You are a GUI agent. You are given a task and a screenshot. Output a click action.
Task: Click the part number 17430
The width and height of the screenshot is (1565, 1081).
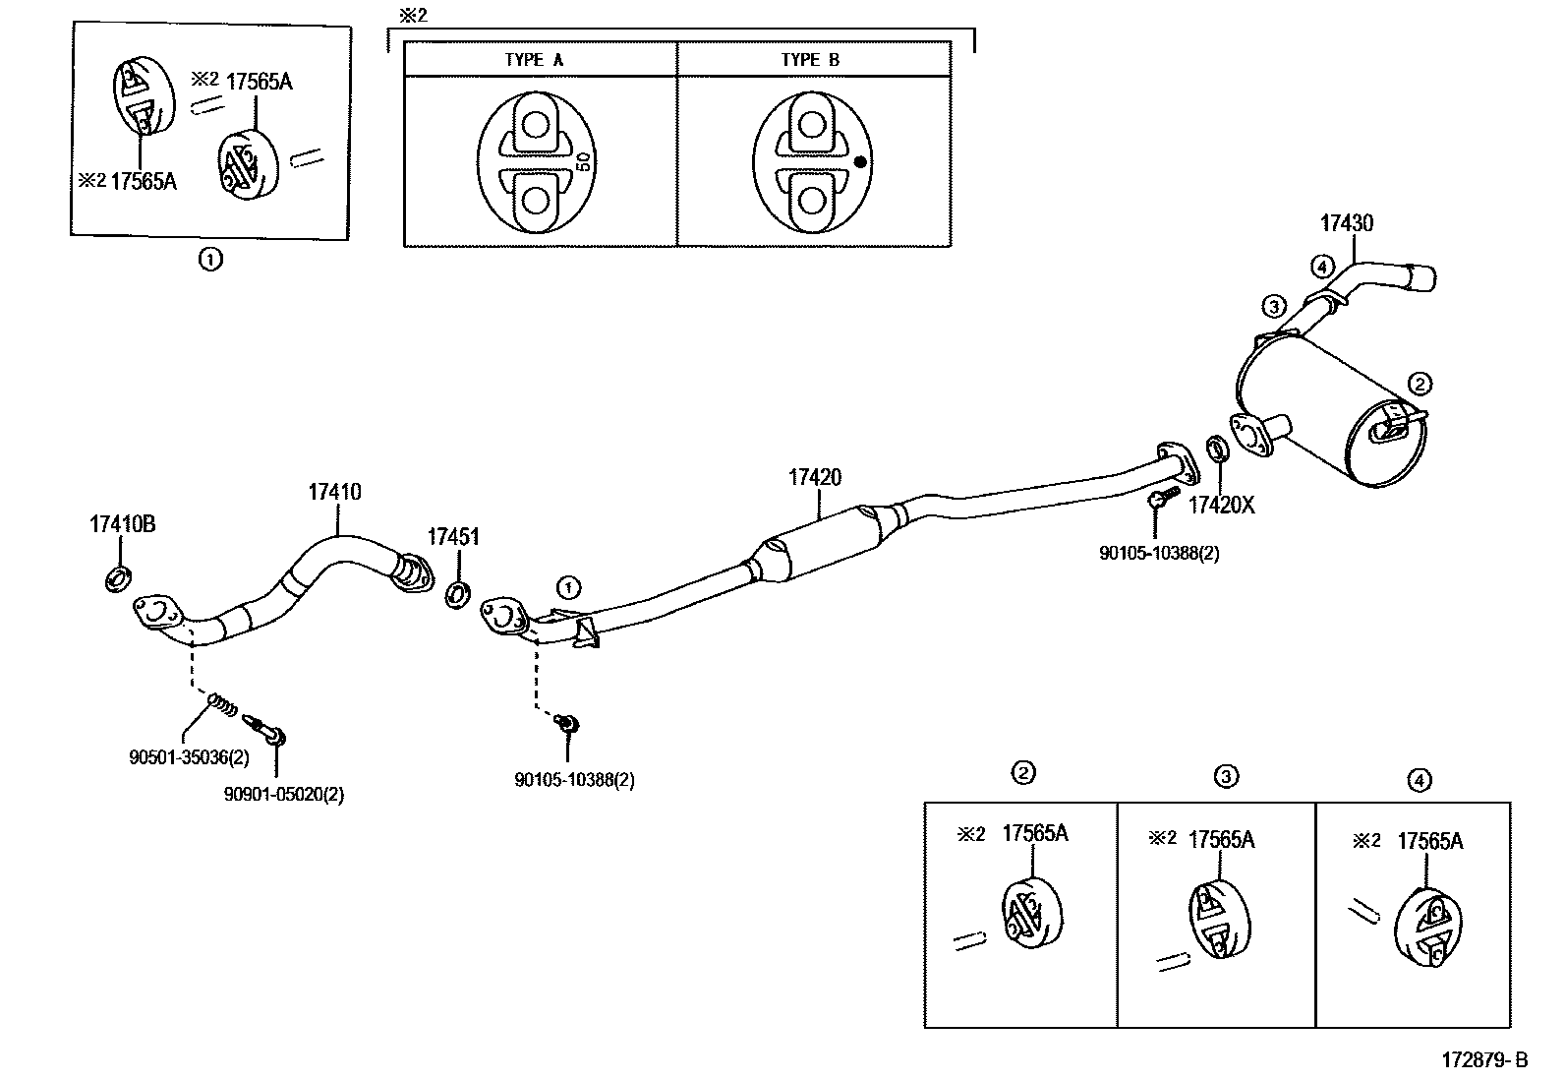coord(1346,223)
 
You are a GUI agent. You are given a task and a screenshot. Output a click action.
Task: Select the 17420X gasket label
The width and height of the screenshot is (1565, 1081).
coord(1221,506)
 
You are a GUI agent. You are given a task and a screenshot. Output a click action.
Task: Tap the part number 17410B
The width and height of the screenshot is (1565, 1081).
coord(123,524)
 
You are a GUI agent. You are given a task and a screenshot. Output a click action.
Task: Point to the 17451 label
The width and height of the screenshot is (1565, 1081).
coord(453,536)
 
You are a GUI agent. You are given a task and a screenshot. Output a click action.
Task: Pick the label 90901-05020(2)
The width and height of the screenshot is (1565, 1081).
coord(283,795)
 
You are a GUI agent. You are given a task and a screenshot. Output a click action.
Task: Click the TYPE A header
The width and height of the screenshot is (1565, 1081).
coord(534,59)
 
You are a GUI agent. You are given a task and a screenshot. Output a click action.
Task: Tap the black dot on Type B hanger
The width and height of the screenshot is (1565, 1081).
coord(860,162)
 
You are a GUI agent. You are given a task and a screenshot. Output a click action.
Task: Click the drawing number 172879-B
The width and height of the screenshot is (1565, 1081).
coord(1484,1060)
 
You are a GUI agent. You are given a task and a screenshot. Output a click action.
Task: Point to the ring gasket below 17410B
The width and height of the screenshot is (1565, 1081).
coord(118,578)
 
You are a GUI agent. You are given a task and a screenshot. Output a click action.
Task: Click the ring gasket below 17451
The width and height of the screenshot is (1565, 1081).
coord(458,594)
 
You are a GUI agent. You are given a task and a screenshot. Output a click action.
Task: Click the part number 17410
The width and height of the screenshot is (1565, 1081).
coord(334,492)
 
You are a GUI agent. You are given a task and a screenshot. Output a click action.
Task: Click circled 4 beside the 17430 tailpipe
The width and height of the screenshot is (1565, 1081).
coord(1322,266)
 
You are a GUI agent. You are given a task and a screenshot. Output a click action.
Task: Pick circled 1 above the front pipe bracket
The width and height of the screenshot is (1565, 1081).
coord(567,588)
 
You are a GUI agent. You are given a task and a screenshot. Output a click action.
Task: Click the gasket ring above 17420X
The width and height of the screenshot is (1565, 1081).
coord(1217,450)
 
